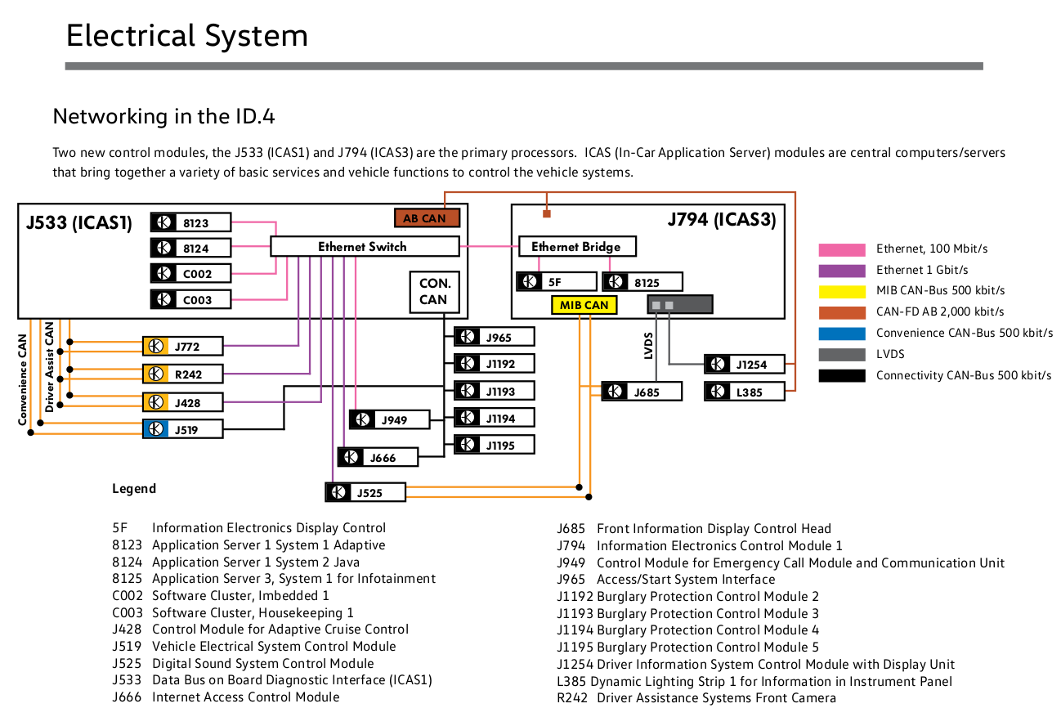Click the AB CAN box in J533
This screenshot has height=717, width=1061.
tap(426, 218)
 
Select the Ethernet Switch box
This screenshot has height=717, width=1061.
tap(365, 246)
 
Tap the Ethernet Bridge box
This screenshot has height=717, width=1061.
tap(576, 246)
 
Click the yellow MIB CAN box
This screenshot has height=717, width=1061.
tap(584, 305)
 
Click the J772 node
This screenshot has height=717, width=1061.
tap(182, 347)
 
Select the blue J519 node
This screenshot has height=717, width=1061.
tap(182, 429)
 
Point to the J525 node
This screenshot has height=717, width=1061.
tap(365, 493)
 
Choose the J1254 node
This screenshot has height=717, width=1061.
tap(745, 364)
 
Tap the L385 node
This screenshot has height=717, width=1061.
tap(745, 392)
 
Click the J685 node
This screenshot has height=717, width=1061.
tap(642, 392)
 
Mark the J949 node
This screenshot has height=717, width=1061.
tap(390, 420)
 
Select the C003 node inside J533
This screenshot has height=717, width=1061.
tap(190, 299)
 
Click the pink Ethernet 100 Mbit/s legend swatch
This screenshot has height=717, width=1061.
tap(841, 249)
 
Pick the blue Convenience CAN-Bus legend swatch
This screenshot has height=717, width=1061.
tap(841, 334)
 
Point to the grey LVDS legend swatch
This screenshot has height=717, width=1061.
tap(841, 355)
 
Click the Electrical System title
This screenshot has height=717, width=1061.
tap(187, 36)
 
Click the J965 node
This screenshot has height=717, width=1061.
tap(495, 337)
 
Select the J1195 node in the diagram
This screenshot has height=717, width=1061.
tap(495, 445)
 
